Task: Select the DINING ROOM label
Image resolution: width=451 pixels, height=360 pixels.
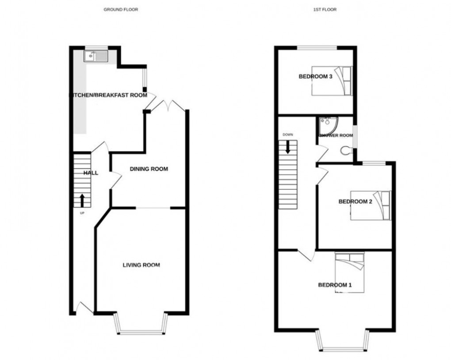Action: [149, 169]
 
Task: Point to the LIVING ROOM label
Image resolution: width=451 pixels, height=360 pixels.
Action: [141, 265]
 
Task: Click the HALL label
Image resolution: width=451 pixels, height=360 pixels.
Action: [91, 173]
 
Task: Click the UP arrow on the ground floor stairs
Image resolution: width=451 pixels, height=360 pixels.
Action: [82, 200]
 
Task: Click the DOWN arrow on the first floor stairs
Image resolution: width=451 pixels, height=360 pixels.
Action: [288, 146]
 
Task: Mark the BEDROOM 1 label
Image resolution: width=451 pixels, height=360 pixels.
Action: [335, 285]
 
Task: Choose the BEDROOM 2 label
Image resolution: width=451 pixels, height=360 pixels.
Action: [355, 202]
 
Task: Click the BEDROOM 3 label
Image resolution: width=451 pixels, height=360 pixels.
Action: [315, 77]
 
